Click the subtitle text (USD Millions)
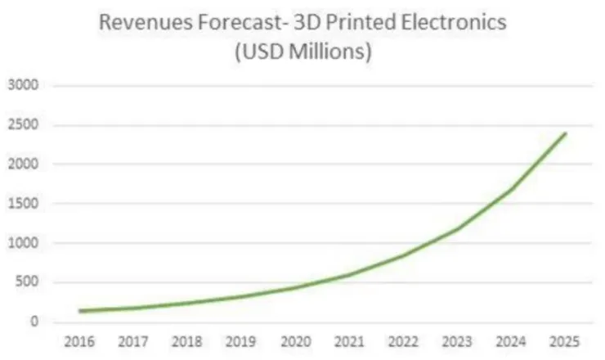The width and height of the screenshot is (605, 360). click(x=302, y=53)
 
